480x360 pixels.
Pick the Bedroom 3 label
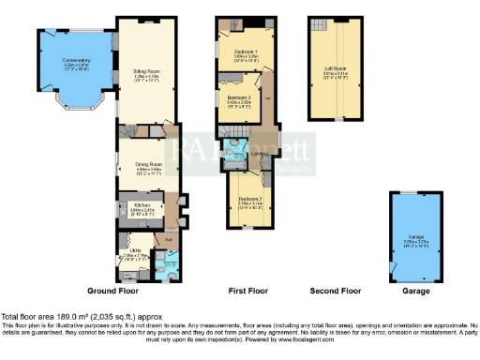[242, 97]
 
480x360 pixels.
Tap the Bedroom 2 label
[248, 199]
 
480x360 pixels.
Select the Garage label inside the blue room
[416, 237]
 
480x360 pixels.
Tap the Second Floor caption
[336, 292]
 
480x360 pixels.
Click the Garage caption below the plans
[416, 292]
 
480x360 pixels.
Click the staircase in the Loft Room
[321, 23]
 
